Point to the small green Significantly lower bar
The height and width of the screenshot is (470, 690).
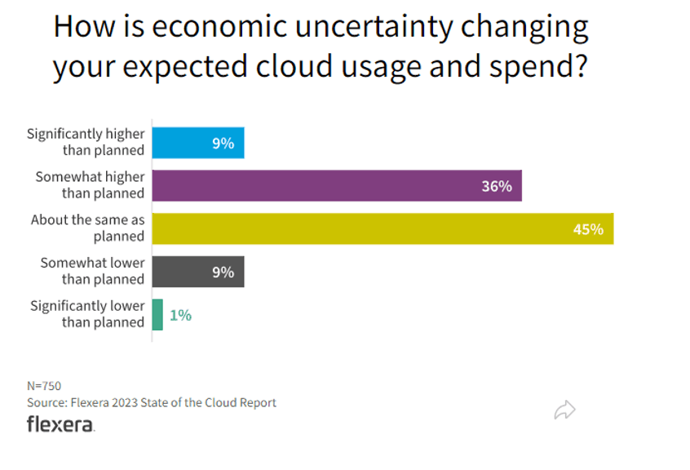157,315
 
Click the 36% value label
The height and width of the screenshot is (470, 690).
496,186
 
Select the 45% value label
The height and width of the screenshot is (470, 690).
587,229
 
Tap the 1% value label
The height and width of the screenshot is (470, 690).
180,315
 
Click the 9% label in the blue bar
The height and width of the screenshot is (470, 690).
223,143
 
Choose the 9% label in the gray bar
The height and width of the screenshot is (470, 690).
223,272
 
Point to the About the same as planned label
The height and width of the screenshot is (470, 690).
87,228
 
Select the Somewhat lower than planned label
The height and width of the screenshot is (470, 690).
92,271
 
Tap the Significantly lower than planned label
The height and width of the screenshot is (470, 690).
87,314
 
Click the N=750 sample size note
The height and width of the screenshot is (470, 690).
44,386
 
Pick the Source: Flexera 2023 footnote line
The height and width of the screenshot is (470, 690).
152,402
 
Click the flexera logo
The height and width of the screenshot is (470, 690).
60,424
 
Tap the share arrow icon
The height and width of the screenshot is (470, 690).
564,410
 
